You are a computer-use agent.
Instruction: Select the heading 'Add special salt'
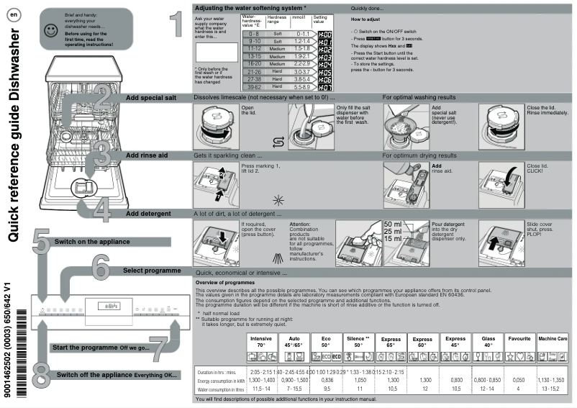tap(152, 97)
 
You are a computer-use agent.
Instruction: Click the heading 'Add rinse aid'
tap(147, 155)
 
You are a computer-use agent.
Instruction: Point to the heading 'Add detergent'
tap(148, 214)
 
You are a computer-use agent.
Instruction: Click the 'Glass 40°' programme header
tap(489, 341)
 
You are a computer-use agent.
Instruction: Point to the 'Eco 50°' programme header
tap(326, 341)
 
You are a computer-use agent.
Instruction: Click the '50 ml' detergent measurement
tap(394, 225)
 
